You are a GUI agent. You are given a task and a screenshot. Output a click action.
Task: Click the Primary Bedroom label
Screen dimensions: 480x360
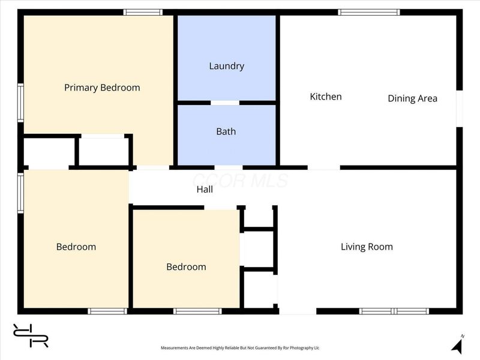point(102,88)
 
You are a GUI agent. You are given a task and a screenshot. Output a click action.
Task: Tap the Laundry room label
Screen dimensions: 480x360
point(227,66)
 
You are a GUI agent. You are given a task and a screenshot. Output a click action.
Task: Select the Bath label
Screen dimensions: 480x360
point(226,131)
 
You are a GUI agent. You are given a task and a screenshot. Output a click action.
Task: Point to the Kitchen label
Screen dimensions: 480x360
point(326,97)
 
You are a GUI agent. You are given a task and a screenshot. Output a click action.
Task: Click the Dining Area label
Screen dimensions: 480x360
point(412,98)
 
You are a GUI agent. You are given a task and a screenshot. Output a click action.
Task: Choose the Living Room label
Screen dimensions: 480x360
point(367,247)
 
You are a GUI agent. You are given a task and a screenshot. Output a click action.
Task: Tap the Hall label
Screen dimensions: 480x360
point(205,190)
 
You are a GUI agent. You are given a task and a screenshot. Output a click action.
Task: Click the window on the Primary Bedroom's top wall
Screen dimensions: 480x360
point(143,12)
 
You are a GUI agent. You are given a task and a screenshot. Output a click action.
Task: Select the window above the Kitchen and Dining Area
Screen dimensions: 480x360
point(369,12)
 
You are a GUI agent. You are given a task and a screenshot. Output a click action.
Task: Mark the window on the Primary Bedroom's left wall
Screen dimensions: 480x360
point(20,103)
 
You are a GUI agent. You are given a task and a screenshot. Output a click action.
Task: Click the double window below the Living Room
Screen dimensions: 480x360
point(394,311)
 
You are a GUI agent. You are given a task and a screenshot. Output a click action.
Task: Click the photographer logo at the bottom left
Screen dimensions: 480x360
point(31,335)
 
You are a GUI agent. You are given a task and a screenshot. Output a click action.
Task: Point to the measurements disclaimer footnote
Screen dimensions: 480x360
point(240,348)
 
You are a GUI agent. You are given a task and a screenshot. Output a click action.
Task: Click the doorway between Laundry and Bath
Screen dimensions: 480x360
point(225,103)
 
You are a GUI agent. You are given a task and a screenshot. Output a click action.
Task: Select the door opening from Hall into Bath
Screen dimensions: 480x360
point(229,168)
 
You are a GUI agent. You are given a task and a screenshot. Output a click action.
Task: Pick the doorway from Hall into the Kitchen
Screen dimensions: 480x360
point(324,168)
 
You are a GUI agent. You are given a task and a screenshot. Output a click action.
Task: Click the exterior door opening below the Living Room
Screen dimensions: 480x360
point(298,311)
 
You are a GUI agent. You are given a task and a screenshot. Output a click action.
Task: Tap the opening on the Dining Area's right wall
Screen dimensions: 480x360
point(460,109)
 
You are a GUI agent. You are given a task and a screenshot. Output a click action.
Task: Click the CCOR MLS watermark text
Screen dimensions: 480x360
point(241,181)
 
